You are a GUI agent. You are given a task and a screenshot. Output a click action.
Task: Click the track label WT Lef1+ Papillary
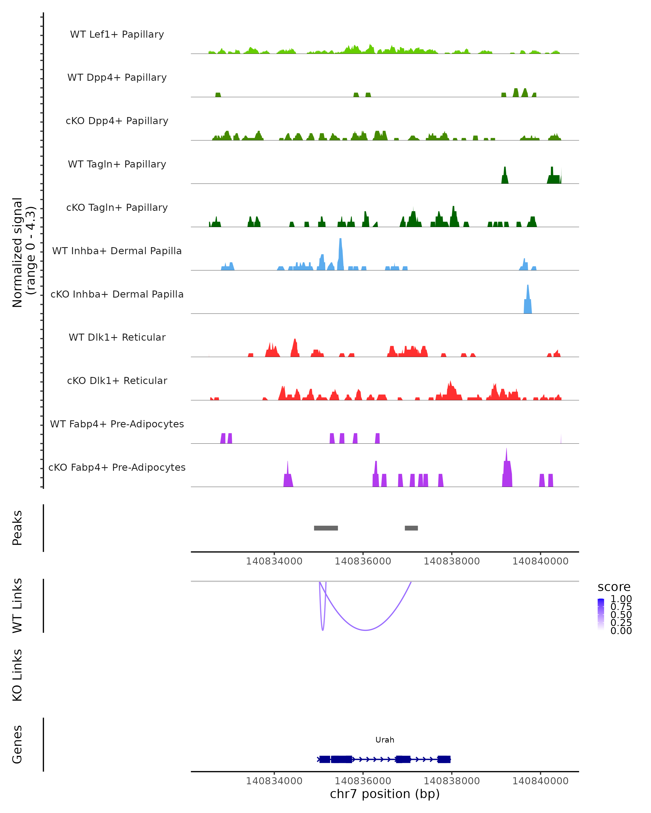pos(117,34)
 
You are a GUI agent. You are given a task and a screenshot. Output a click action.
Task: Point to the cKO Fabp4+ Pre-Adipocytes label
pos(117,467)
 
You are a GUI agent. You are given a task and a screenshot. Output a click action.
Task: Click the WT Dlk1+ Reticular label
pos(117,337)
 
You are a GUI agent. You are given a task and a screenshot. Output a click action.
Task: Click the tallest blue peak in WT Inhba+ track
pos(340,249)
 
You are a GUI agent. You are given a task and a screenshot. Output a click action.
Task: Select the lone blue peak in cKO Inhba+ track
pos(528,300)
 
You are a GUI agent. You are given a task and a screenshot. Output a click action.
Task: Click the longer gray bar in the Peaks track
pos(326,528)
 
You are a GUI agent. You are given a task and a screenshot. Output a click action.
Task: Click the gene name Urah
pos(385,740)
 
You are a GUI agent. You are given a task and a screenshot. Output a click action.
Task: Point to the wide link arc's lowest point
pos(365,630)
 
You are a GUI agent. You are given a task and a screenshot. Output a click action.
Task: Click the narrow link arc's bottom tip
pos(323,630)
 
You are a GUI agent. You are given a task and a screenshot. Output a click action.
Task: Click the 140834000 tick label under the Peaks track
pos(274,561)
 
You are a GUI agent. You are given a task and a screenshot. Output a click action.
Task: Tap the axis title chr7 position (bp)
pos(385,794)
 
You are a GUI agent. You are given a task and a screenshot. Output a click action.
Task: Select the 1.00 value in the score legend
pos(621,599)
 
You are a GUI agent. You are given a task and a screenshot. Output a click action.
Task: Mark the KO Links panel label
pos(17,675)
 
